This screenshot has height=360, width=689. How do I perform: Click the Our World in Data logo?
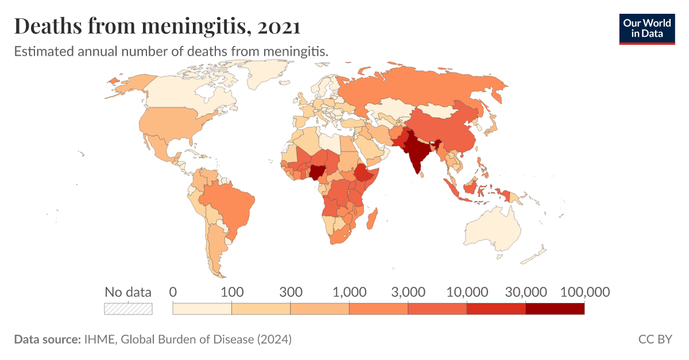(647, 27)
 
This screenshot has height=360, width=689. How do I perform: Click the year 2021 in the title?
(279, 26)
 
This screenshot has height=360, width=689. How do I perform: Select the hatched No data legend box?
(128, 309)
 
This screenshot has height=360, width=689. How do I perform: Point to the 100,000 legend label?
(585, 292)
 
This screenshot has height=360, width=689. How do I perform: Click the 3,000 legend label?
(408, 292)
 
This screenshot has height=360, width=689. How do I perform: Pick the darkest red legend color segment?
(555, 309)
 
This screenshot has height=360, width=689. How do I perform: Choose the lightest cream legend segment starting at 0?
(202, 309)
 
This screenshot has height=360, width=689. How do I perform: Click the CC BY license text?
(655, 339)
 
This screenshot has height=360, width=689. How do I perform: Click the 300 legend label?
(291, 292)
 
